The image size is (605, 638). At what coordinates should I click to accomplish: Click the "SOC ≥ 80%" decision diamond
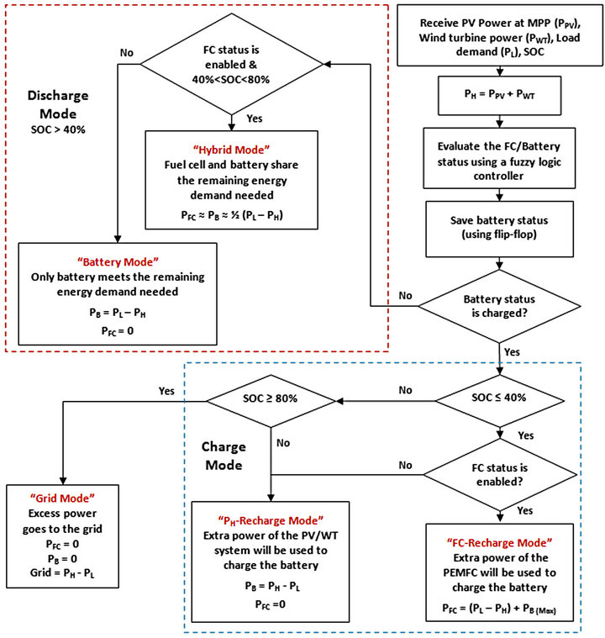tap(271, 397)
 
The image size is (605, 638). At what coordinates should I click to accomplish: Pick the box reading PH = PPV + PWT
tap(500, 95)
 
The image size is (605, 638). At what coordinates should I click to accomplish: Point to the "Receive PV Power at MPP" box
tap(500, 35)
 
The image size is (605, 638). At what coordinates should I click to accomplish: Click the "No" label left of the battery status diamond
tap(404, 296)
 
